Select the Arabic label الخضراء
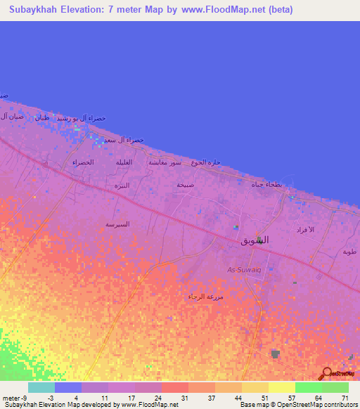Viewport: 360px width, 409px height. [83, 162]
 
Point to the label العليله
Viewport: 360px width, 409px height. [124, 162]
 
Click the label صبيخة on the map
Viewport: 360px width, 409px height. [185, 185]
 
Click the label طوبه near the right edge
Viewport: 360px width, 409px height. [349, 252]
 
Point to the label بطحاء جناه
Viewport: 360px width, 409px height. [266, 184]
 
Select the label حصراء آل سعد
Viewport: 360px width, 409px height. [124, 140]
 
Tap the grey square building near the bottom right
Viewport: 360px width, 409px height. [275, 354]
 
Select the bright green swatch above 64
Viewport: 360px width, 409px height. [308, 387]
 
